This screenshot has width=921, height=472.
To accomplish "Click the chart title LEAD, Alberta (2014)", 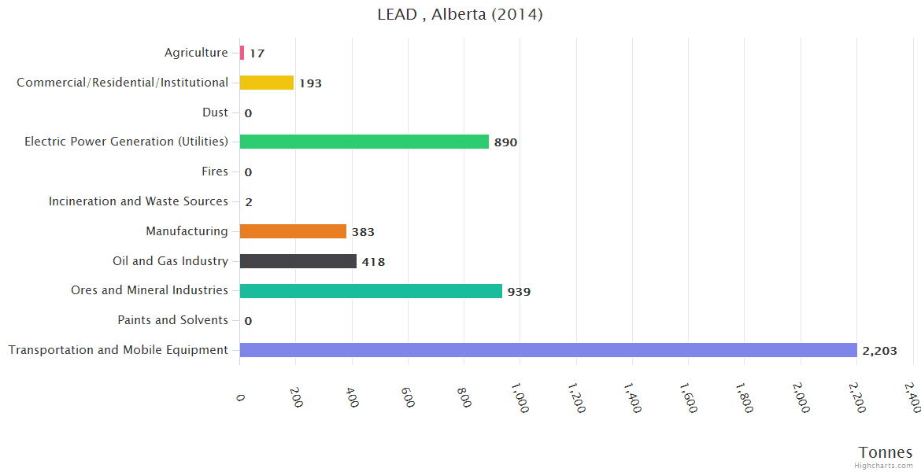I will (x=460, y=15).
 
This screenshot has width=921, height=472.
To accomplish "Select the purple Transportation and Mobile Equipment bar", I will (x=548, y=350).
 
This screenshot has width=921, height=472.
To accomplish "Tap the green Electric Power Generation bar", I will (x=364, y=142).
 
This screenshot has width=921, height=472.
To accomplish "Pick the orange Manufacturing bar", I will (x=293, y=231).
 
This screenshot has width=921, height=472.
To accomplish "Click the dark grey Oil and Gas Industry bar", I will (x=298, y=261).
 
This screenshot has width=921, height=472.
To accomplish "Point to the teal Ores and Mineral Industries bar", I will (x=371, y=291).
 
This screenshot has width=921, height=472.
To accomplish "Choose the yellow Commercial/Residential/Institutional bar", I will (x=266, y=83).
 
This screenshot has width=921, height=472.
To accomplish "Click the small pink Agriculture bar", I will (x=242, y=53).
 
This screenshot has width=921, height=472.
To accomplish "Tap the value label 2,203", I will (x=879, y=351).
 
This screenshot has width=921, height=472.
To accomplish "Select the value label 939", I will (x=519, y=292).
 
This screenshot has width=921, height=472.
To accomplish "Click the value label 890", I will (x=505, y=142).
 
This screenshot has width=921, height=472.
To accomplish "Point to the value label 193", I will (x=310, y=83).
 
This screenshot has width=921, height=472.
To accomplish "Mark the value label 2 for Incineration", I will (x=249, y=202).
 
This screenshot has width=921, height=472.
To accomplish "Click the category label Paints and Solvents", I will (x=172, y=320).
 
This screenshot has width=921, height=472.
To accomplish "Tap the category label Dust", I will (x=215, y=112).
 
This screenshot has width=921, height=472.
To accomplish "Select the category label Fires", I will (x=215, y=171).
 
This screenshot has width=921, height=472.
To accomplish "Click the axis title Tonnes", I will (x=886, y=452).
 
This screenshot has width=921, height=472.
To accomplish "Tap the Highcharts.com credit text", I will (x=884, y=466).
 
